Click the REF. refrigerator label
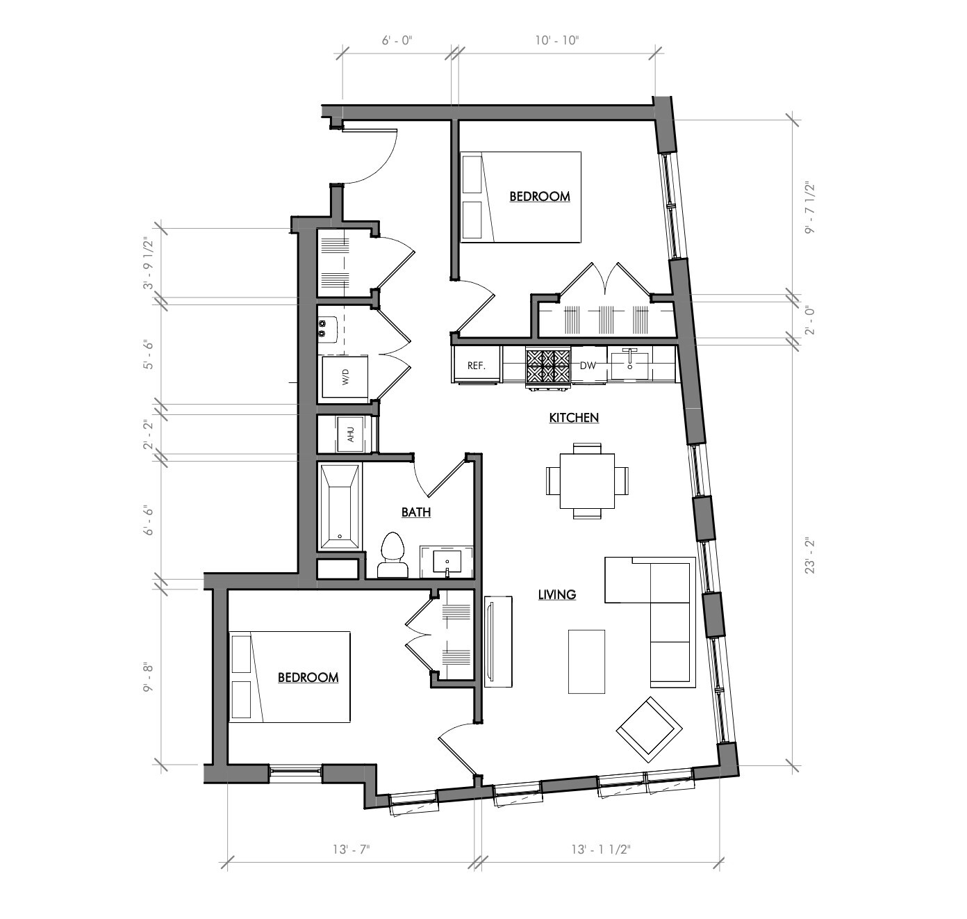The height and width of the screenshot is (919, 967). [x=476, y=365]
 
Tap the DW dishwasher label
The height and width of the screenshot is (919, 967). [x=588, y=365]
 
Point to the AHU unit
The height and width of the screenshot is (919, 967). [x=351, y=434]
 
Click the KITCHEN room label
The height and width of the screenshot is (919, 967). [x=574, y=418]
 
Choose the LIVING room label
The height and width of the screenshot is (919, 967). [x=557, y=594]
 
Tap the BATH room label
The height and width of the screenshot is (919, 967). [x=416, y=512]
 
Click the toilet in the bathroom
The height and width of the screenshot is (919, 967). [x=393, y=556]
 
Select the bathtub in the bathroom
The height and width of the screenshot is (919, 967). [x=340, y=507]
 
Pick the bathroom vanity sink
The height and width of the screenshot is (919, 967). [x=447, y=562]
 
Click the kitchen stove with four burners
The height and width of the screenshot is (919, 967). [x=547, y=366]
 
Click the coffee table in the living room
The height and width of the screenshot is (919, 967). [x=586, y=661]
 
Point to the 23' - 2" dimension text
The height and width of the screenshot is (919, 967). [x=809, y=555]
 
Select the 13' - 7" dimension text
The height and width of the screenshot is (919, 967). [x=352, y=849]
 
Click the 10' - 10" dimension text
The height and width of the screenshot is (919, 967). [x=556, y=40]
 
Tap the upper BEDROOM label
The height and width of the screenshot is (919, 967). [x=540, y=197]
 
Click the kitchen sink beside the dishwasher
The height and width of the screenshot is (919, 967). [x=631, y=364]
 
